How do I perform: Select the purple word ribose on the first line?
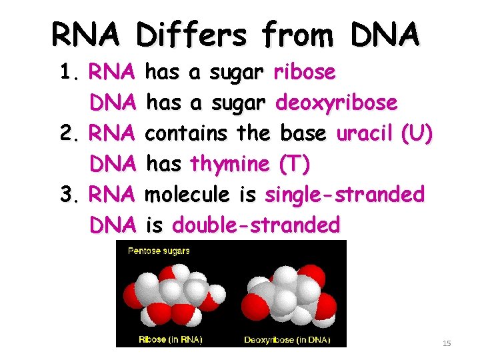point(305,72)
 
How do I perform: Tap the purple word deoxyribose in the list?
point(337,103)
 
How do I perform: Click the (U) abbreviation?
point(417,134)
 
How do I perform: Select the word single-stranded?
point(345,195)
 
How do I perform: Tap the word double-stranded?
point(256,225)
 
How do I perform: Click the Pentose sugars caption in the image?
point(159,251)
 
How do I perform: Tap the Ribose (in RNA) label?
point(170,339)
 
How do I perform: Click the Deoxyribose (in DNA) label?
point(287,339)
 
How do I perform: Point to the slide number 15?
point(447,343)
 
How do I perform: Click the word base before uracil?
point(304,133)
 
